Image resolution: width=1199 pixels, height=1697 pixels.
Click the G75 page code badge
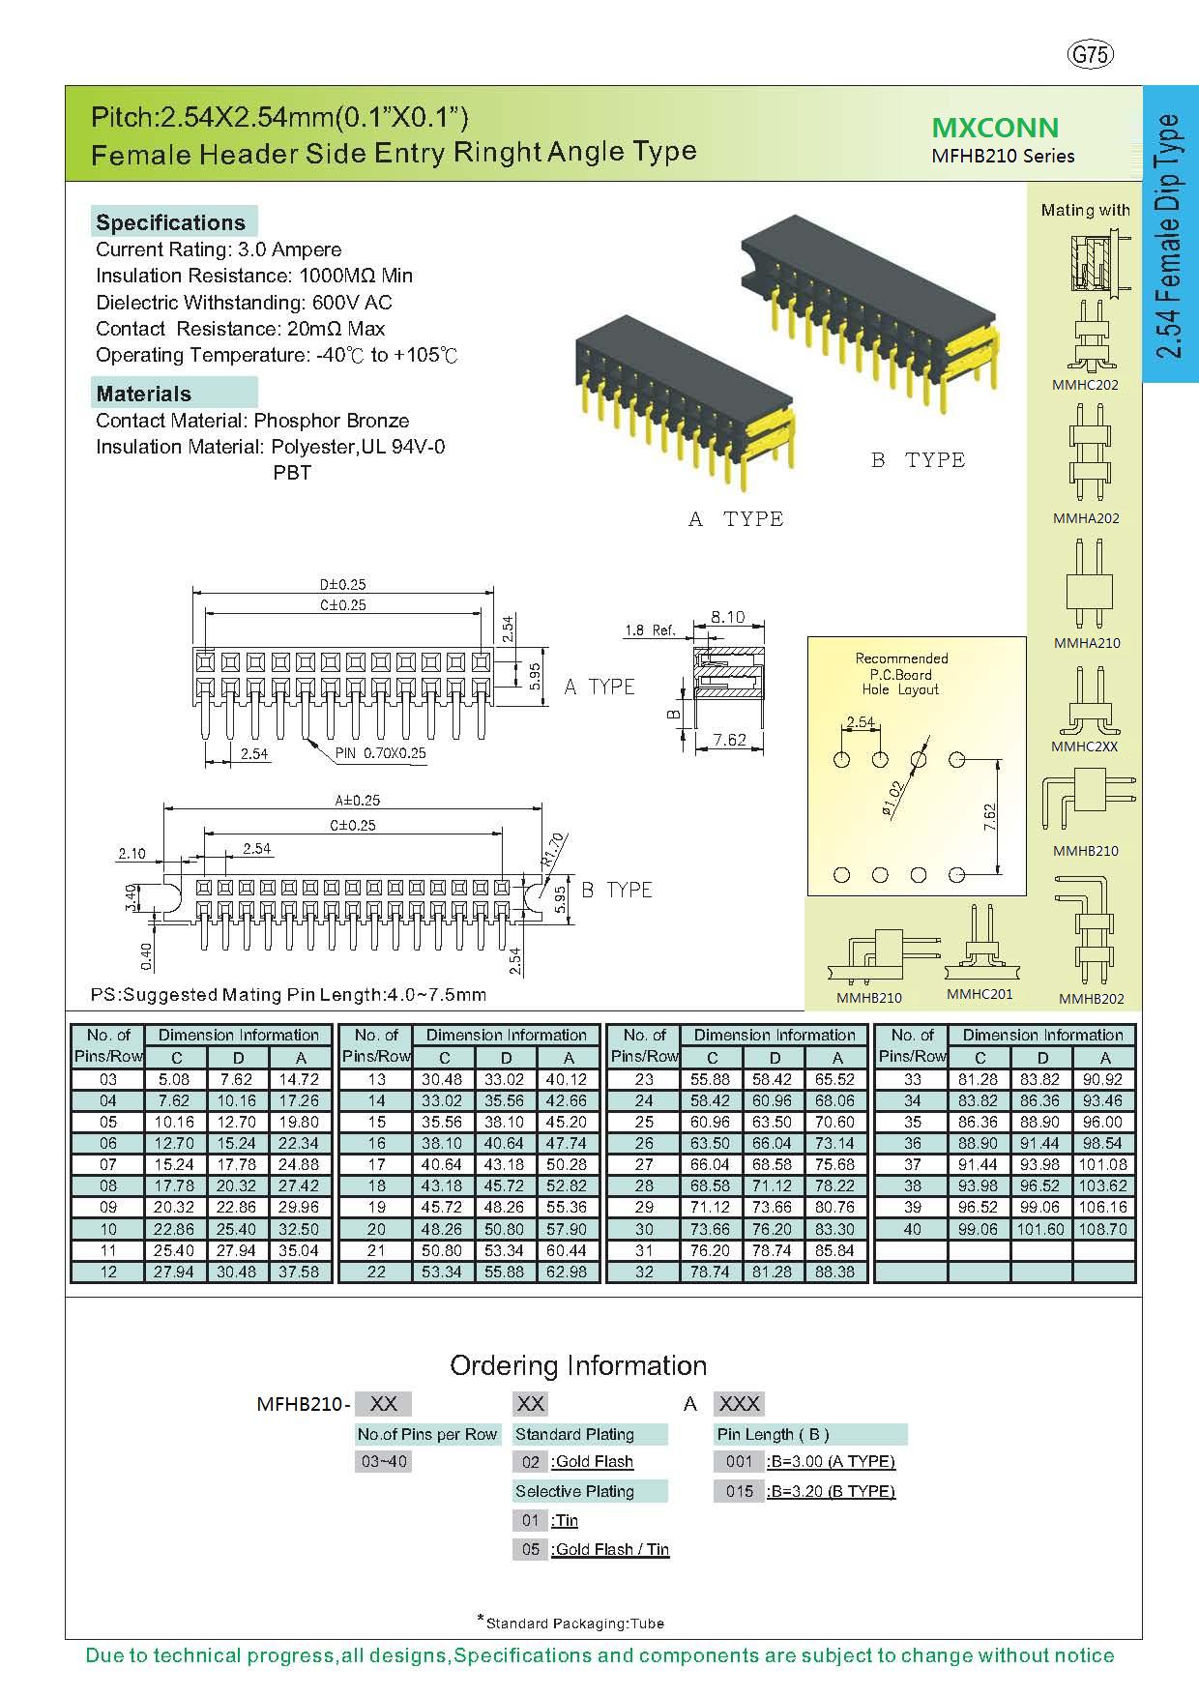pyautogui.click(x=1091, y=55)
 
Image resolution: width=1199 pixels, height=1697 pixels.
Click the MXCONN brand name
pyautogui.click(x=995, y=128)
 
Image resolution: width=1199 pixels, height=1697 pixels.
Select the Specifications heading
pyautogui.click(x=171, y=222)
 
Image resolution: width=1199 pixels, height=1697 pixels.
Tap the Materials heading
pyautogui.click(x=144, y=394)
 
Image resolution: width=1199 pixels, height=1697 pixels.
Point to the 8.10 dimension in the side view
pyautogui.click(x=727, y=616)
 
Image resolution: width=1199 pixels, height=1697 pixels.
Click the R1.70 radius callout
pyautogui.click(x=554, y=849)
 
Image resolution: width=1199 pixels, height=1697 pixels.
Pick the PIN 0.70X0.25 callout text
pyautogui.click(x=381, y=753)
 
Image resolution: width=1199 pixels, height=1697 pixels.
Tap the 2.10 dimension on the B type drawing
pyautogui.click(x=132, y=853)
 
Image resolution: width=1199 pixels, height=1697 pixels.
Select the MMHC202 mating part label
pyautogui.click(x=1085, y=385)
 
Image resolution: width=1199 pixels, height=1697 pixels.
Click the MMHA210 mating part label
pyautogui.click(x=1086, y=643)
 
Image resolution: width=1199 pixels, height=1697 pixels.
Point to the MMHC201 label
pyautogui.click(x=980, y=995)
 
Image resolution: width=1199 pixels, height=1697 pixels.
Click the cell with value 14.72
pyautogui.click(x=301, y=1079)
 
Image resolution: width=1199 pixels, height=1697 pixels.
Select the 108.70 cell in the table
pyautogui.click(x=1104, y=1229)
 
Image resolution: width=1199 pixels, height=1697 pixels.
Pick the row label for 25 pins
pyautogui.click(x=644, y=1122)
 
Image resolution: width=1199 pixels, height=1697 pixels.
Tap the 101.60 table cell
pyautogui.click(x=1041, y=1229)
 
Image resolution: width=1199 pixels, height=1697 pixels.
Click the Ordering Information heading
pyautogui.click(x=578, y=1365)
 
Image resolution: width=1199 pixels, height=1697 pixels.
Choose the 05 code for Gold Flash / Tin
pyautogui.click(x=530, y=1549)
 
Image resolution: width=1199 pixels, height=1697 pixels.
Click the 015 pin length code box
pyautogui.click(x=740, y=1491)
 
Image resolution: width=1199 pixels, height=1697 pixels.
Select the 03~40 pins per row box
pyautogui.click(x=384, y=1462)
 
